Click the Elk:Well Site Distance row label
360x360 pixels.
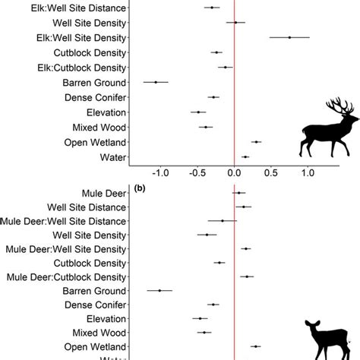coord(73,8)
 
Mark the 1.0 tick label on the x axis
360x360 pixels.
coord(308,172)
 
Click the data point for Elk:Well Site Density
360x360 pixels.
coord(289,36)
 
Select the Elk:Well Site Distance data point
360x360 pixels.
coord(213,8)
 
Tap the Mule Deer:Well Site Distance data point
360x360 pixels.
coord(223,221)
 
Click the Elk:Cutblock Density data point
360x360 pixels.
coord(225,68)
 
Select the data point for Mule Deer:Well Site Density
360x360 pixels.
coord(246,248)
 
